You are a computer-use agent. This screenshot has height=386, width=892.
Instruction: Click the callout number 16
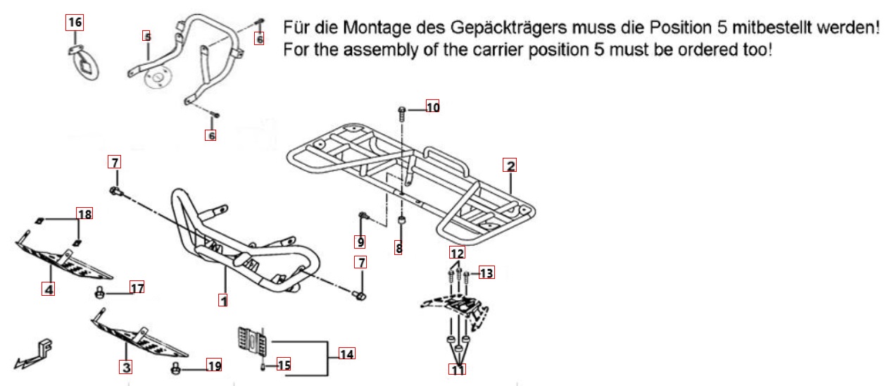tap(74, 23)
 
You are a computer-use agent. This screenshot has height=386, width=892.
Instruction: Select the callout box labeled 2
tap(510, 166)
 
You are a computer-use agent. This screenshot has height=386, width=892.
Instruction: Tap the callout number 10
tap(432, 108)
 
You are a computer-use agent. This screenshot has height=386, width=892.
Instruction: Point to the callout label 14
tap(346, 354)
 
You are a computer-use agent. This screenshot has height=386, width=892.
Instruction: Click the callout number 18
tap(84, 213)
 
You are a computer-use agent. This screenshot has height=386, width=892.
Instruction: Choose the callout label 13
tap(487, 273)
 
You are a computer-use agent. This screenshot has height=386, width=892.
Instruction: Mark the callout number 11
tap(458, 369)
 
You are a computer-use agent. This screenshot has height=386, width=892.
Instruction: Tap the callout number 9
tap(360, 242)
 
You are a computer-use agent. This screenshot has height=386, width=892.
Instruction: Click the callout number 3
tap(126, 367)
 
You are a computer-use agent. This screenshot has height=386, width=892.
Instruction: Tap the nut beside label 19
tap(176, 368)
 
